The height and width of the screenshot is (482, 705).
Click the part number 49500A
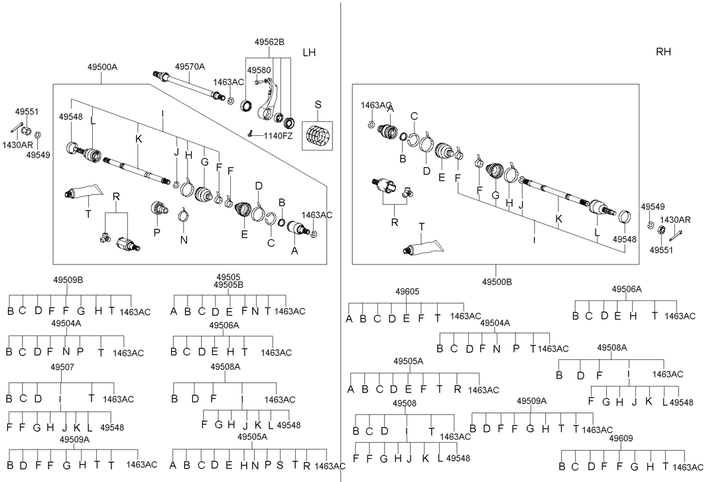coord(102,68)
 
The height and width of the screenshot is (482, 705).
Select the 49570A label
coord(190,67)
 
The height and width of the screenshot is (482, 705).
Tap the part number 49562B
coord(269,42)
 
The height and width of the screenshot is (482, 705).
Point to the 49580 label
coord(259,70)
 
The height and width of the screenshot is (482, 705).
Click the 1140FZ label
coord(278,136)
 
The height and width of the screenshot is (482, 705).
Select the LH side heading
coord(309,52)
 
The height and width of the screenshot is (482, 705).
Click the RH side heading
coord(663,52)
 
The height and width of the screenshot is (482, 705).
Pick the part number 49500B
coord(497,282)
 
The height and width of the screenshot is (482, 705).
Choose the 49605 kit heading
coord(407,291)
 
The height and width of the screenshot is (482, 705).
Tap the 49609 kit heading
coord(621,438)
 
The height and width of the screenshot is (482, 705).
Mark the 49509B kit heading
coord(68,280)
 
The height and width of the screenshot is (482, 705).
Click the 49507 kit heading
coord(62,367)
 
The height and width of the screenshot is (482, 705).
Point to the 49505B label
coord(228,284)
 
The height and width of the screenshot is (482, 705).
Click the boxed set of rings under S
coord(318,135)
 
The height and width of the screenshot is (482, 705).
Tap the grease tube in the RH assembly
coord(424,246)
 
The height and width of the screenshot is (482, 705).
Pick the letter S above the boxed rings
coord(318,105)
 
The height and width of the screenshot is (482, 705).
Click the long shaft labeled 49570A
coord(189,84)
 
